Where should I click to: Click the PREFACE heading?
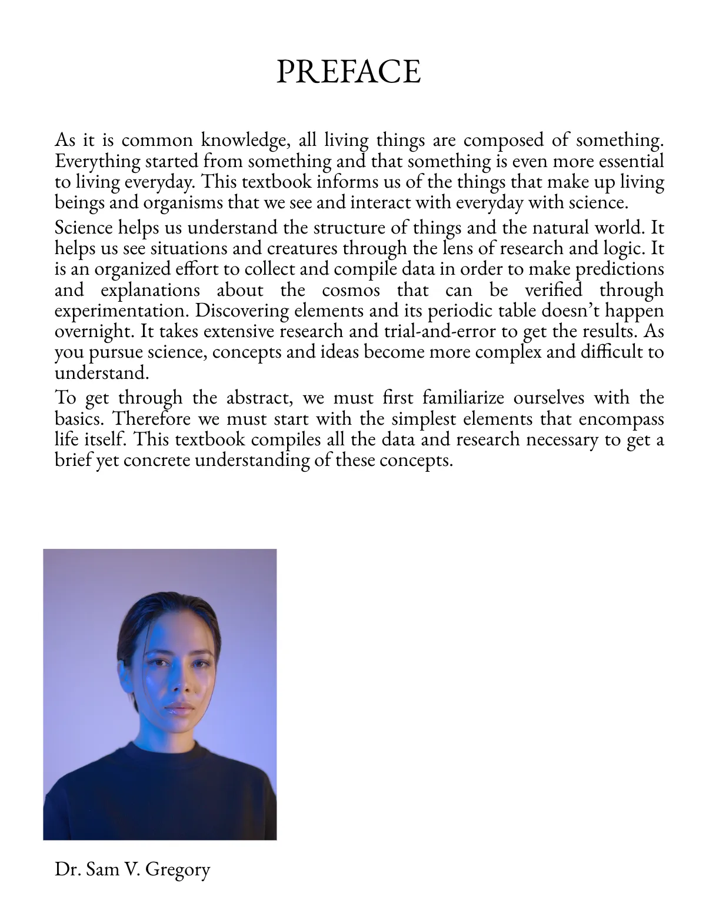348,72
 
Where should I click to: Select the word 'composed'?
504,140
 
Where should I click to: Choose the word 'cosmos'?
351,290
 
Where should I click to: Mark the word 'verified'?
553,290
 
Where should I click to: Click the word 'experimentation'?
122,311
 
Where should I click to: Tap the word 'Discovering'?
242,311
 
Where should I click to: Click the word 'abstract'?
259,398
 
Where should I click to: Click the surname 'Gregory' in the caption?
177,869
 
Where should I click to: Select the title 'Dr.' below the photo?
67,869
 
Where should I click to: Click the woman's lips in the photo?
179,708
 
